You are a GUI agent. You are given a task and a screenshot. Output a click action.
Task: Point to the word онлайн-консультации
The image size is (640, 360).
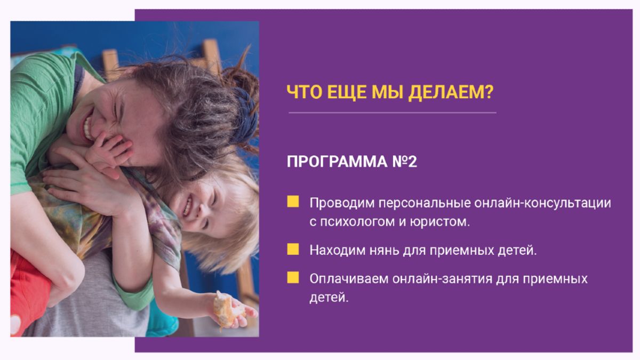542,203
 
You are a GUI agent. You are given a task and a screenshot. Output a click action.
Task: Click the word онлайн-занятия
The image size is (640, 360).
443,278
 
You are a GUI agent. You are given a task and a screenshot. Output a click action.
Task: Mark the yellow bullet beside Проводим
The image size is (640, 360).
293,202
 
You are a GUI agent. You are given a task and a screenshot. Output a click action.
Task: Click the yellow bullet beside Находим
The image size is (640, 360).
293,249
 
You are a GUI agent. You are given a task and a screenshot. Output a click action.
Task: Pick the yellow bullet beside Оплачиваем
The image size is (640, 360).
293,277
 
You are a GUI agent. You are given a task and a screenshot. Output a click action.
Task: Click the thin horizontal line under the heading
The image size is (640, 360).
393,113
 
